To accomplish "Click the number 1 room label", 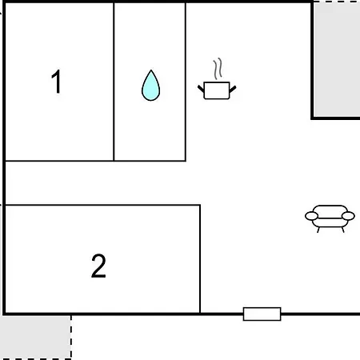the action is click(57, 82).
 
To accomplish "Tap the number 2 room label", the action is click(98, 266).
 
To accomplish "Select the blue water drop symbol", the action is click(150, 86).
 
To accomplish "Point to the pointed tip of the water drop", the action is click(151, 70).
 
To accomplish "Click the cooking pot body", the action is click(217, 90).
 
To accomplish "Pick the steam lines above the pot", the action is click(218, 69).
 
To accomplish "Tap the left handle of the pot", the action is click(201, 89).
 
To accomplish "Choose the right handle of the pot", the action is click(233, 89).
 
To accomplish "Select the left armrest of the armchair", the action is click(311, 216).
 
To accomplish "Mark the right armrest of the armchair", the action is click(348, 216).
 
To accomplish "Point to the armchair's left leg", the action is click(318, 230).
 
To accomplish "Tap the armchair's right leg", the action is click(342, 230).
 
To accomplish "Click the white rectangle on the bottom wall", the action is click(262, 314).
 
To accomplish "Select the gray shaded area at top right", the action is click(337, 59).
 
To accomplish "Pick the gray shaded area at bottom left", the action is click(35, 337).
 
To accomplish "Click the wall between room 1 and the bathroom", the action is click(114, 82).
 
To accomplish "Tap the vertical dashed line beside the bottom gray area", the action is click(71, 337).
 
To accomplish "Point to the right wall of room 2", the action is click(200, 258).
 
